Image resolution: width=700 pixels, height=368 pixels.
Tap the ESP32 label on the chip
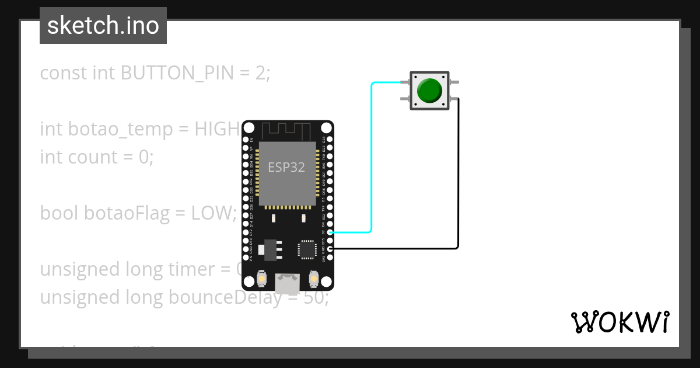[x=286, y=167]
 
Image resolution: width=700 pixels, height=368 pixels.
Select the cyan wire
[x=372, y=158]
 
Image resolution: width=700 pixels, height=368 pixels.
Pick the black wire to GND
[x=458, y=175]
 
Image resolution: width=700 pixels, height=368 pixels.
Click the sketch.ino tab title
[x=103, y=26]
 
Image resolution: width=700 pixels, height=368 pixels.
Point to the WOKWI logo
[x=620, y=322]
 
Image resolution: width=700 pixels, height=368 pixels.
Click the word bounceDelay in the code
[x=234, y=297]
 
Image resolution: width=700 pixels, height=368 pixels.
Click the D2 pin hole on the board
[x=331, y=232]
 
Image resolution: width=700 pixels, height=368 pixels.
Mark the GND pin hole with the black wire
[x=331, y=249]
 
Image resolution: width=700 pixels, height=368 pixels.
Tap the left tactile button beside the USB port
[x=262, y=279]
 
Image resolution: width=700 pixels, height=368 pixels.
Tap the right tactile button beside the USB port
[x=314, y=279]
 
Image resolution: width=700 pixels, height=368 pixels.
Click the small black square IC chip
[x=307, y=249]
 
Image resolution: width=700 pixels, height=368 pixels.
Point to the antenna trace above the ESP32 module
[x=286, y=130]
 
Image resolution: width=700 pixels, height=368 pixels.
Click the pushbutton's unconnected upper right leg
[x=454, y=82]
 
